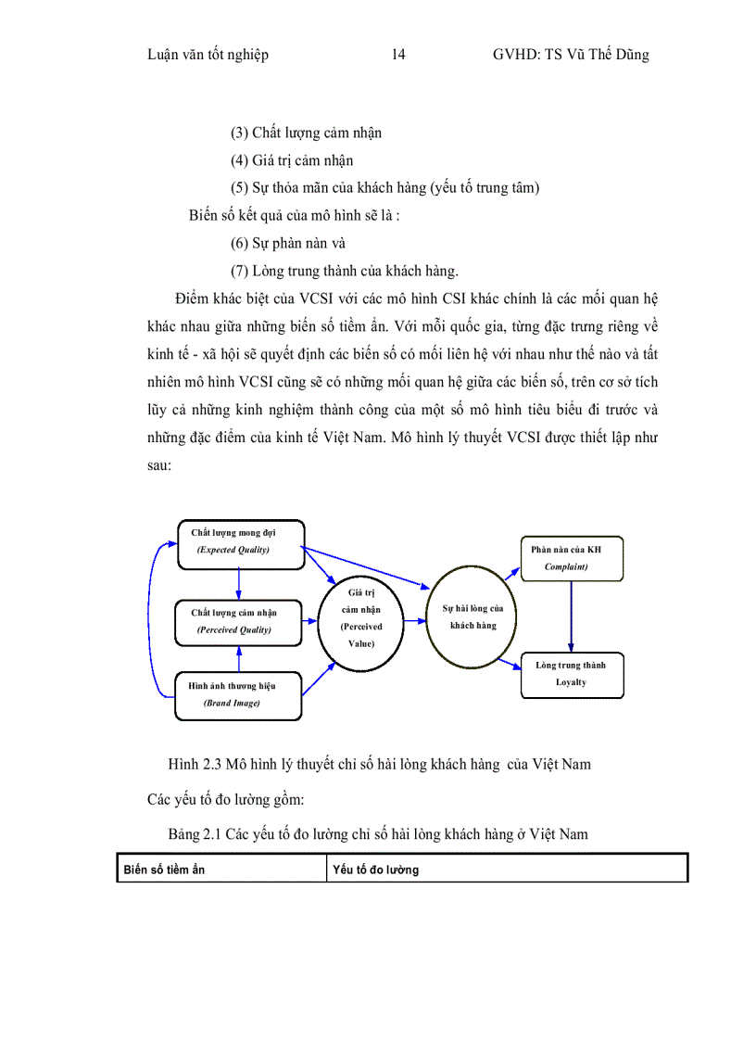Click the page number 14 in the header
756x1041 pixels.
tap(398, 55)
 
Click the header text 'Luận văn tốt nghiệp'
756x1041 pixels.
tap(208, 55)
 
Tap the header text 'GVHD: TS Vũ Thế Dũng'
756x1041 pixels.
tap(571, 55)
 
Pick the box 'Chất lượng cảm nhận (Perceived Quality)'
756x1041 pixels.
tap(239, 621)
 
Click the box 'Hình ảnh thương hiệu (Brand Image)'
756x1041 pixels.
tap(239, 694)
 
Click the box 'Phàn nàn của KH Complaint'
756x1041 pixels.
tap(571, 557)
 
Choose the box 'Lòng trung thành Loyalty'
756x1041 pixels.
tap(571, 674)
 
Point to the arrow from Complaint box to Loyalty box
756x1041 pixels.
tap(571, 616)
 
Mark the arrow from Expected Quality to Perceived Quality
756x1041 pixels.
tap(239, 581)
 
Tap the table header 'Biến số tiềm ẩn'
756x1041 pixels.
tap(165, 870)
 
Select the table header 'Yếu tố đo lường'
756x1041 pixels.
tap(375, 870)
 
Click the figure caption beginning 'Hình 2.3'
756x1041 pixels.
tap(379, 765)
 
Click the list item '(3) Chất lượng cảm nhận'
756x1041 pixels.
tap(306, 133)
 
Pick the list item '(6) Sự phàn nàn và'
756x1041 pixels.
tap(288, 244)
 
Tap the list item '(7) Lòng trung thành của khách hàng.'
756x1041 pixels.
tap(345, 272)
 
